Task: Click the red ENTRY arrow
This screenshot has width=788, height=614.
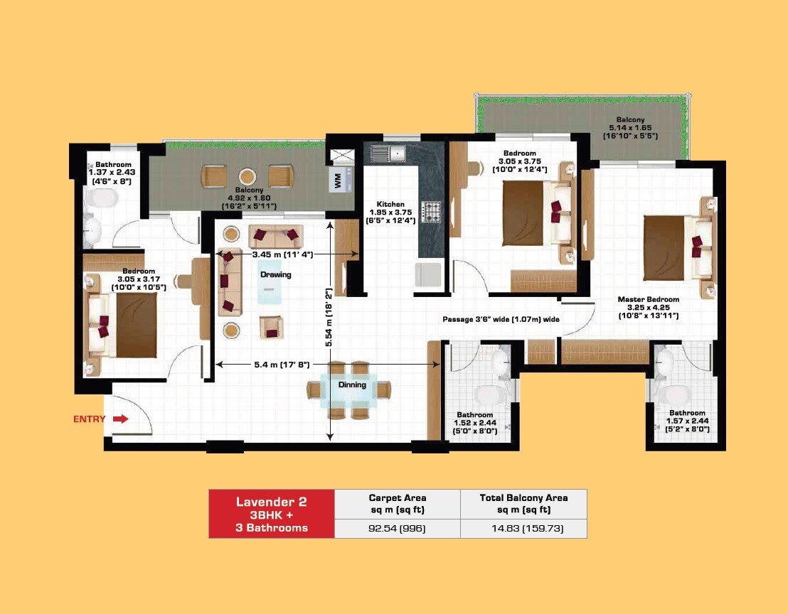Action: [x=121, y=419]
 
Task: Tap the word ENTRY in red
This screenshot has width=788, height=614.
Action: [x=89, y=419]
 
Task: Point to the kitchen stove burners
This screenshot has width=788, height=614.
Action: [x=432, y=210]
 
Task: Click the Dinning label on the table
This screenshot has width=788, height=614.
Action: [x=352, y=385]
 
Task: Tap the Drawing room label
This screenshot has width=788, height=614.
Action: [x=275, y=274]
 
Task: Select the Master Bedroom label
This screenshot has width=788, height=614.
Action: [x=648, y=299]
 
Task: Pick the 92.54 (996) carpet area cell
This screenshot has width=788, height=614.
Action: [x=397, y=528]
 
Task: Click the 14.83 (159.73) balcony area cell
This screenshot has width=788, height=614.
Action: [x=523, y=528]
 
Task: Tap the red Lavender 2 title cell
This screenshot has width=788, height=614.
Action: [x=271, y=514]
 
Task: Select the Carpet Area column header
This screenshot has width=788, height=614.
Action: [x=397, y=503]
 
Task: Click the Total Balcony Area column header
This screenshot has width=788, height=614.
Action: [x=523, y=503]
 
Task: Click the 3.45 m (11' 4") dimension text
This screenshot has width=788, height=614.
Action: [x=283, y=254]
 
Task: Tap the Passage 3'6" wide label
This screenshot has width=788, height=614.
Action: [x=501, y=320]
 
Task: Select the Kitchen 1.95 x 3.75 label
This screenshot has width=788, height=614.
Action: [x=390, y=212]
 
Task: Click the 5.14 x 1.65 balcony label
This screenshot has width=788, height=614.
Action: [x=630, y=127]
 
